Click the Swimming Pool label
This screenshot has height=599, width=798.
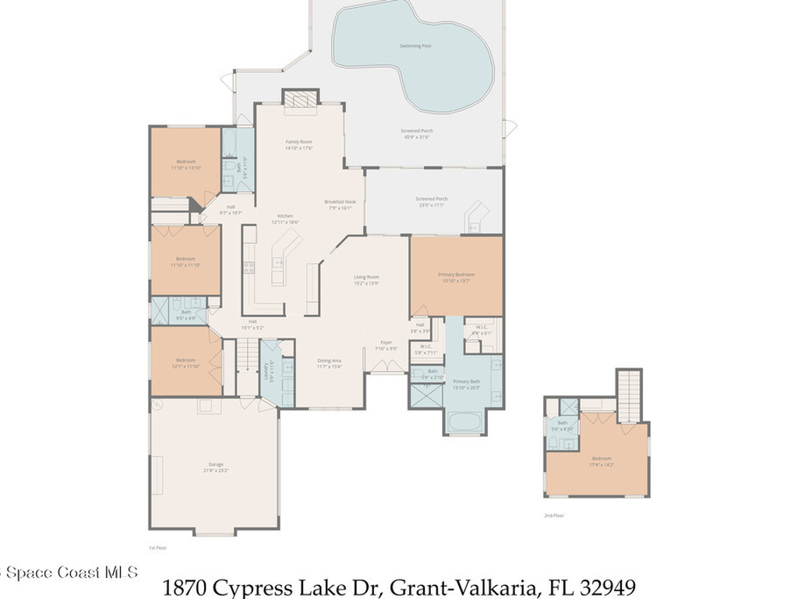(x=415, y=46)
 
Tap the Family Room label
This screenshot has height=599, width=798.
(x=298, y=142)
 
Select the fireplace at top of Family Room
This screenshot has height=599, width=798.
(x=300, y=100)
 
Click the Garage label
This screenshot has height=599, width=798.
(x=216, y=465)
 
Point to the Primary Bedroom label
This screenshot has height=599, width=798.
(x=456, y=275)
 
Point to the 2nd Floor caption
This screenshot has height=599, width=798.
(x=553, y=516)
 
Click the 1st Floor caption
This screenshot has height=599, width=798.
(x=157, y=548)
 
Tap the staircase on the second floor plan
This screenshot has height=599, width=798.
(x=629, y=395)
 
